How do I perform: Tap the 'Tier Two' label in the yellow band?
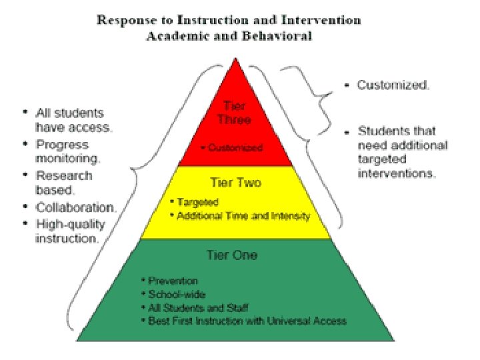pos(235,182)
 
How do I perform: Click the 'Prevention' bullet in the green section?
pos(173,281)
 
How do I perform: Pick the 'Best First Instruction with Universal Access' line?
pos(243,321)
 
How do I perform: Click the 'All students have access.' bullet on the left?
pos(73,119)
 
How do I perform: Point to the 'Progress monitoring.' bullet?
pos(67,151)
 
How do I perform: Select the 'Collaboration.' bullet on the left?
pos(75,207)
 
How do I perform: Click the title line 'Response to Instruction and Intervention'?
pos(229,20)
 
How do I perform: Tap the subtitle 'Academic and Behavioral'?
pos(229,36)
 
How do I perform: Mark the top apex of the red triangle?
pos(234,59)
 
